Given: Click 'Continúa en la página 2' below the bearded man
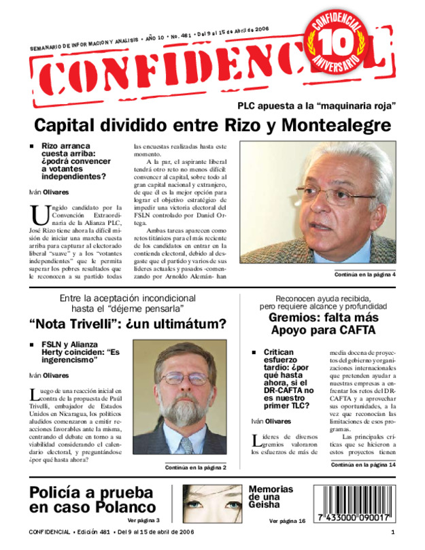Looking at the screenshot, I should (195, 467).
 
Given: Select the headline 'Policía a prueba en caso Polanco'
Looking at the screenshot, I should (92, 500).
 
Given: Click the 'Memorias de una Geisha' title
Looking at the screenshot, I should (271, 498).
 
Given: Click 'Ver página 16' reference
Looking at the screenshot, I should (287, 520).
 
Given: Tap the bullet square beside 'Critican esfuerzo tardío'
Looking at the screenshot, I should (253, 353).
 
